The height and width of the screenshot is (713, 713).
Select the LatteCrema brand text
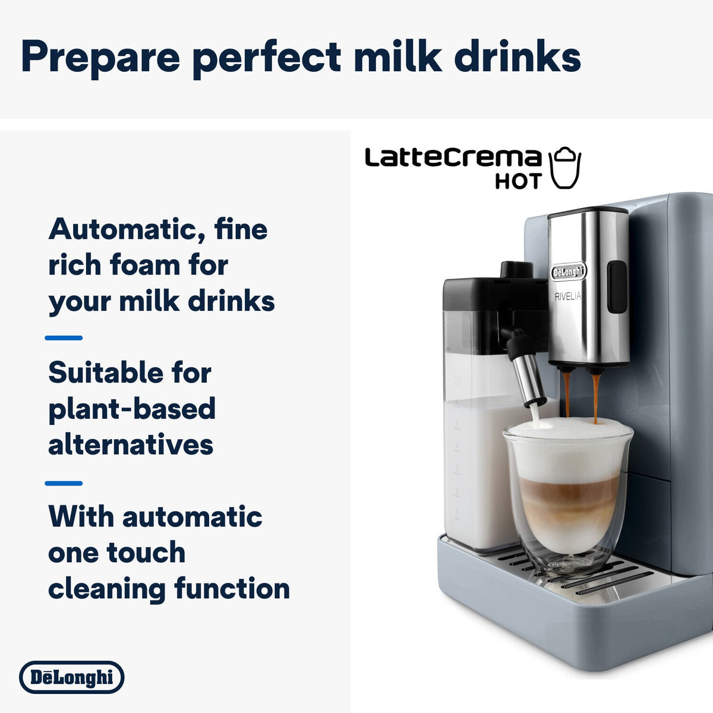[453, 157]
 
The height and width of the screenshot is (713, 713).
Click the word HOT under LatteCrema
[519, 181]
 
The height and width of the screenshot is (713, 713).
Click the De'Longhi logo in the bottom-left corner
[71, 677]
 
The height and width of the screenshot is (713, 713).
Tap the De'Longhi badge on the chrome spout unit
[569, 272]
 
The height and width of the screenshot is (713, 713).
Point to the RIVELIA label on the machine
[568, 296]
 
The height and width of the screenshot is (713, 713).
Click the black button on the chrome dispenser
[617, 287]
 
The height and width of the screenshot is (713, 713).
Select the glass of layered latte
[568, 496]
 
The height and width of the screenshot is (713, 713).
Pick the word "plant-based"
[132, 409]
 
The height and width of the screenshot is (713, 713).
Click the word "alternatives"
[131, 444]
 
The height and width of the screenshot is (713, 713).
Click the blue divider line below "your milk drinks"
[64, 338]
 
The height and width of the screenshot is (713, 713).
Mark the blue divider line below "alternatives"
[64, 483]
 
